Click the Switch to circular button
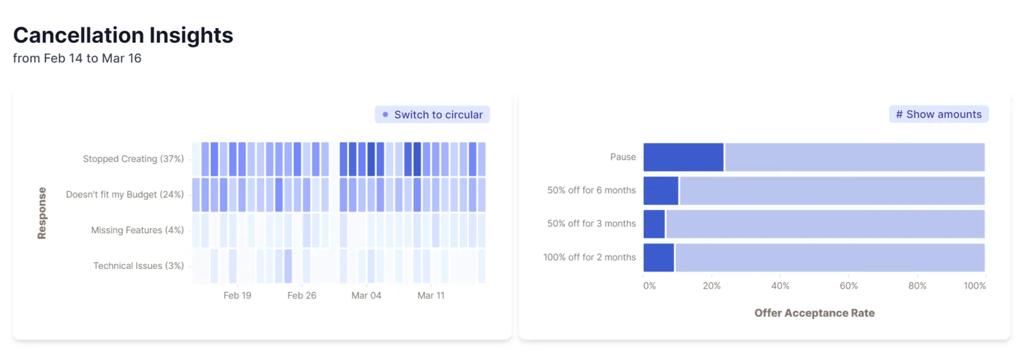[432, 115]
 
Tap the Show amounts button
[939, 114]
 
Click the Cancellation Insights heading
[123, 35]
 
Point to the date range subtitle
[77, 58]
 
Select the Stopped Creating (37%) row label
[133, 159]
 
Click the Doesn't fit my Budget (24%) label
[125, 194]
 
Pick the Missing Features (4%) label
[137, 230]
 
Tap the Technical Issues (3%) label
[138, 266]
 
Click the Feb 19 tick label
[237, 295]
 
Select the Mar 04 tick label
[366, 295]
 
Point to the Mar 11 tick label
[430, 295]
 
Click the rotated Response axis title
[42, 213]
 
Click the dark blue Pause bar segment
[684, 158]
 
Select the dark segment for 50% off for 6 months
[660, 191]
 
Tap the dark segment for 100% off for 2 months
[659, 258]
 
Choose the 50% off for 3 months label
[591, 224]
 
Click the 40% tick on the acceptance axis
[780, 286]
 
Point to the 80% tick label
[917, 286]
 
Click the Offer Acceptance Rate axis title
[814, 313]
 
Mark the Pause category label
[623, 157]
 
